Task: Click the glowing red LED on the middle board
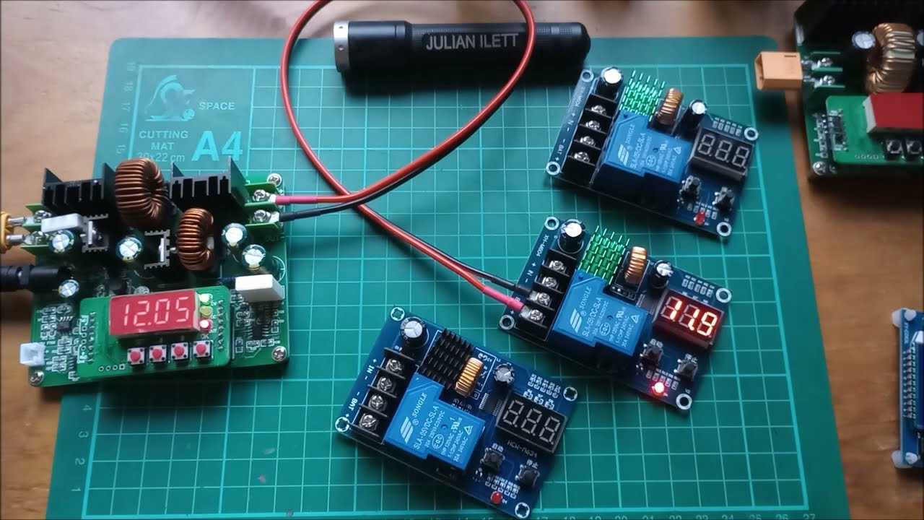[657, 390]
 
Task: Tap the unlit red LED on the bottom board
[495, 499]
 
